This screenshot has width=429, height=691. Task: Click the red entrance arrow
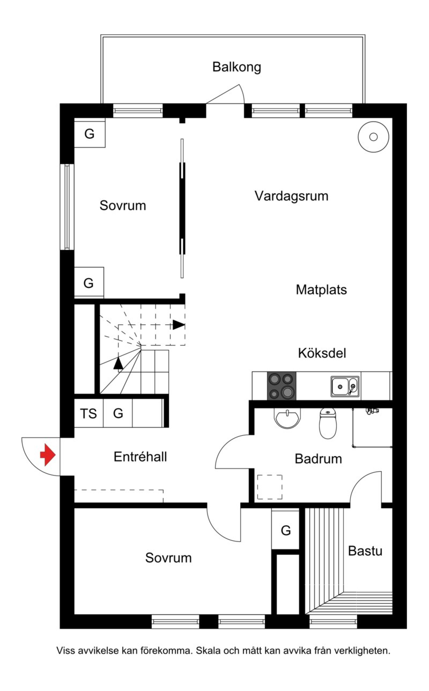pyautogui.click(x=48, y=455)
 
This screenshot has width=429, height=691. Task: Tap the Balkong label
pyautogui.click(x=237, y=68)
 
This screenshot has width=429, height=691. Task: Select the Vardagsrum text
pyautogui.click(x=291, y=196)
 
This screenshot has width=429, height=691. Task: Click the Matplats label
pyautogui.click(x=321, y=290)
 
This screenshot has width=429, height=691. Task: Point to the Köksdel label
pyautogui.click(x=322, y=353)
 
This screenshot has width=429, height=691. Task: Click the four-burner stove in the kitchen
pyautogui.click(x=282, y=386)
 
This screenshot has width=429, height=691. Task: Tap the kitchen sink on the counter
pyautogui.click(x=345, y=386)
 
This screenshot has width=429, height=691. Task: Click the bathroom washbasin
pyautogui.click(x=287, y=418)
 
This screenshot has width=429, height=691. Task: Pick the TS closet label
pyautogui.click(x=88, y=414)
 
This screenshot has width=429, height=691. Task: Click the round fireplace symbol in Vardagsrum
pyautogui.click(x=373, y=137)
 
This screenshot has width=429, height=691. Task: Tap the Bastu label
pyautogui.click(x=365, y=551)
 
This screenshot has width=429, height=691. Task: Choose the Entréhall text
pyautogui.click(x=140, y=457)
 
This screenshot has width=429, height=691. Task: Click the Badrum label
pyautogui.click(x=318, y=459)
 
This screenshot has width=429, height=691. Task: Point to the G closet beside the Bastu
pyautogui.click(x=286, y=530)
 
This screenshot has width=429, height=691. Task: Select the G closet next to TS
pyautogui.click(x=118, y=414)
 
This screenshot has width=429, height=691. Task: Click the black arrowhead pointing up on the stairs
pyautogui.click(x=118, y=363)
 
